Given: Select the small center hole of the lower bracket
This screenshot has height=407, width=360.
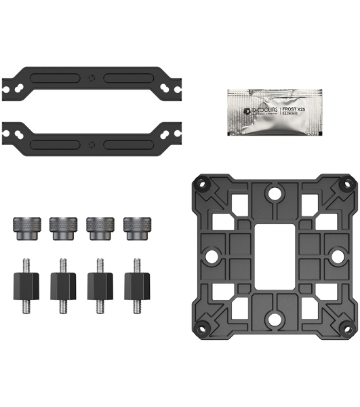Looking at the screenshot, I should point(92,143).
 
